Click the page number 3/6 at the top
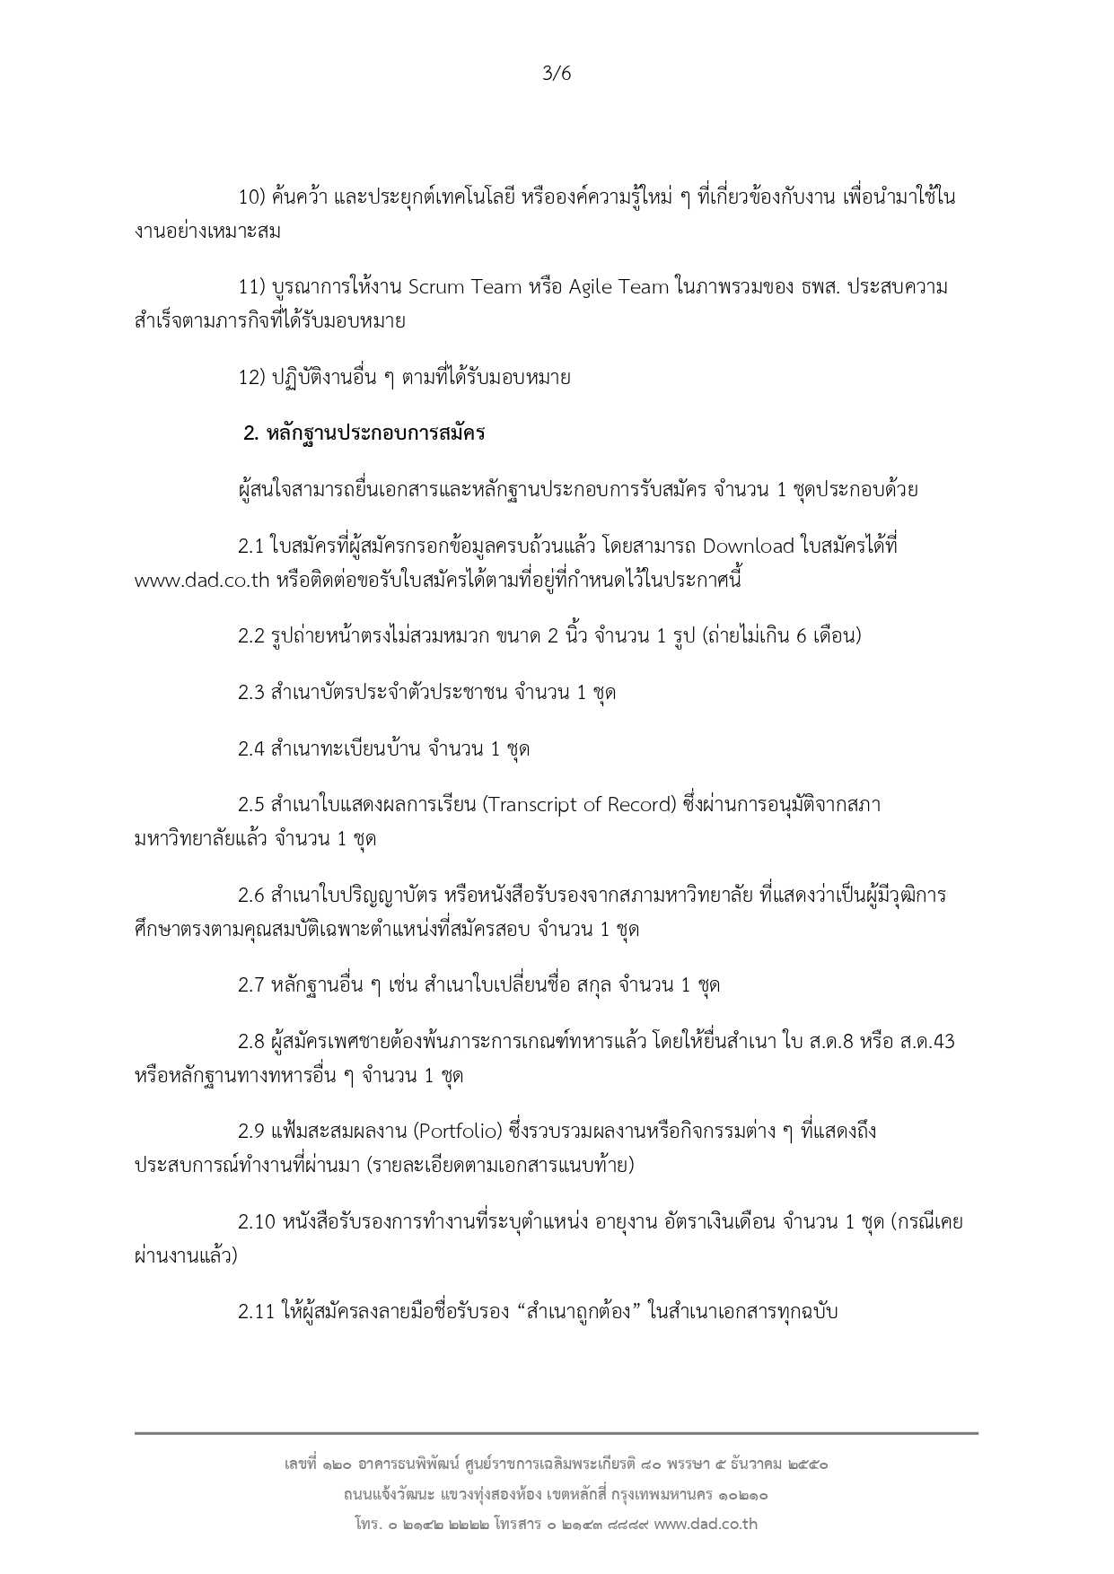pos(557,74)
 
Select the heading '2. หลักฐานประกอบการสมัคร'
pos(364,433)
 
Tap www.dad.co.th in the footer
pos(706,1524)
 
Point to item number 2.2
pos(250,636)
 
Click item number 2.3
pos(250,693)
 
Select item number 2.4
pos(250,748)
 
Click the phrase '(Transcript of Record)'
pos(578,804)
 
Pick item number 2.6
pos(250,896)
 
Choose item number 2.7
pos(250,985)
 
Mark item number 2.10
pos(256,1222)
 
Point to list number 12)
pos(250,378)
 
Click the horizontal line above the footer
pos(557,1433)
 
